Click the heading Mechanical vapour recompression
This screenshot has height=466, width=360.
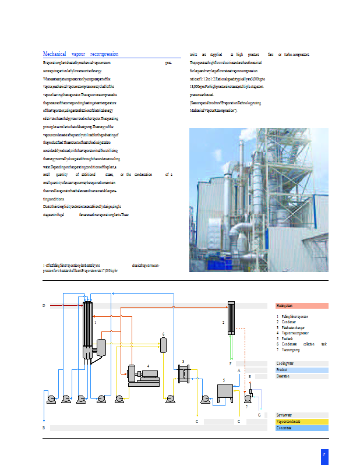[x=80, y=54]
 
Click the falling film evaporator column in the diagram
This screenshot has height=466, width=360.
[x=88, y=329]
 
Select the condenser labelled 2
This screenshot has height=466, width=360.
[x=231, y=317]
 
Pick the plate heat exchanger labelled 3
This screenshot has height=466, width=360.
[x=184, y=374]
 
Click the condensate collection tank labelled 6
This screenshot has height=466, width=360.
[x=164, y=344]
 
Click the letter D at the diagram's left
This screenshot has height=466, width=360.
[x=44, y=305]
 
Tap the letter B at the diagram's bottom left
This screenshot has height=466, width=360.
[x=44, y=428]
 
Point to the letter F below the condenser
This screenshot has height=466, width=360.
[x=230, y=363]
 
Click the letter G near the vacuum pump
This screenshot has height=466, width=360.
[x=259, y=415]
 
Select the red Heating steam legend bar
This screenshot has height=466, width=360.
[x=302, y=305]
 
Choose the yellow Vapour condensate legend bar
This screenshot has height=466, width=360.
[x=302, y=421]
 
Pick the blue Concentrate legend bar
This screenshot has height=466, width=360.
[x=302, y=428]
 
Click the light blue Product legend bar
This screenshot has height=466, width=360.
[x=302, y=370]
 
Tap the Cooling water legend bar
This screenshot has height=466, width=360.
[x=302, y=363]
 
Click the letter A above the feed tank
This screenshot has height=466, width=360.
[x=239, y=370]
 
